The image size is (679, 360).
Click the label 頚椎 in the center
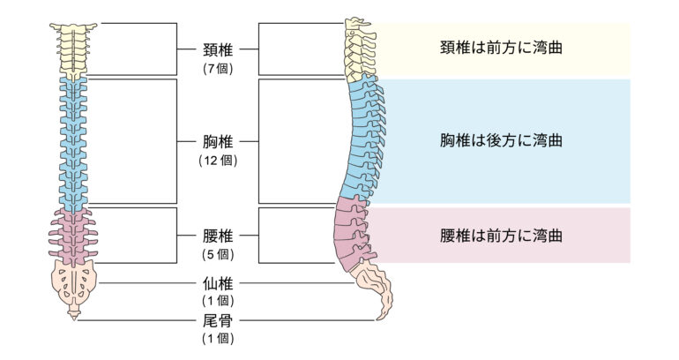point(217,49)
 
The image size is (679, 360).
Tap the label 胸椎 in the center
point(217,141)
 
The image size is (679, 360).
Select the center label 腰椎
point(217,236)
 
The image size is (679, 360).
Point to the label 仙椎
point(217,284)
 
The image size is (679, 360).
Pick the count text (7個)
point(217,67)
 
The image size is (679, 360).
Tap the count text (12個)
point(217,160)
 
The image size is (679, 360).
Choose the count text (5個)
point(217,254)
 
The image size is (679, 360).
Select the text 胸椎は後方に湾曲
point(501,141)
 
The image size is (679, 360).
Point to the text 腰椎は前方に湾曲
point(501,236)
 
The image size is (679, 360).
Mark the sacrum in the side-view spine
point(368,276)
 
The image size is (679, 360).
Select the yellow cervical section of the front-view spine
point(73,49)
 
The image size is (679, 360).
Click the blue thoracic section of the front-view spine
point(73,141)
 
